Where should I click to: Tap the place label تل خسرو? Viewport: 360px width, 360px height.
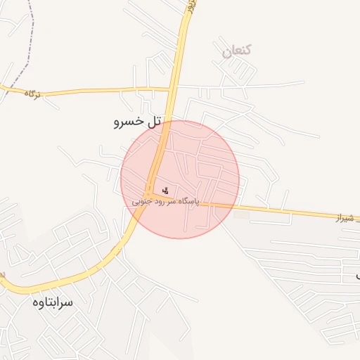coord(138,122)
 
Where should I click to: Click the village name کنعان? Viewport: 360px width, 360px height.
coord(237,51)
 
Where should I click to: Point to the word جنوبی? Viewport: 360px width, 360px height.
coord(143,201)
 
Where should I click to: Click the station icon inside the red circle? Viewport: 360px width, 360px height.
coord(165,189)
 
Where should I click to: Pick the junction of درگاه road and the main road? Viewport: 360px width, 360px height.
coord(171,89)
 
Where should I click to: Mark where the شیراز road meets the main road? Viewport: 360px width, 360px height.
coord(149,193)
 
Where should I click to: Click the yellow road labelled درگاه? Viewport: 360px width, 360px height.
coord(91,90)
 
